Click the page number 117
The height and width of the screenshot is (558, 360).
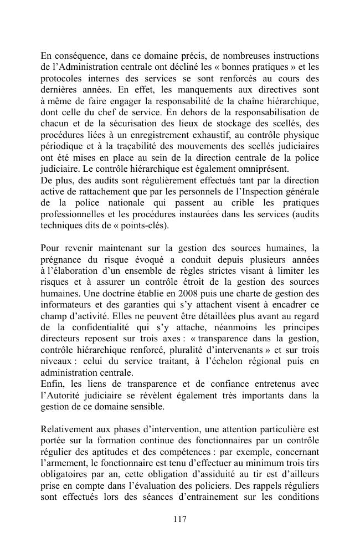coord(179,519)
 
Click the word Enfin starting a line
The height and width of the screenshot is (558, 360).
coord(51,383)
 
